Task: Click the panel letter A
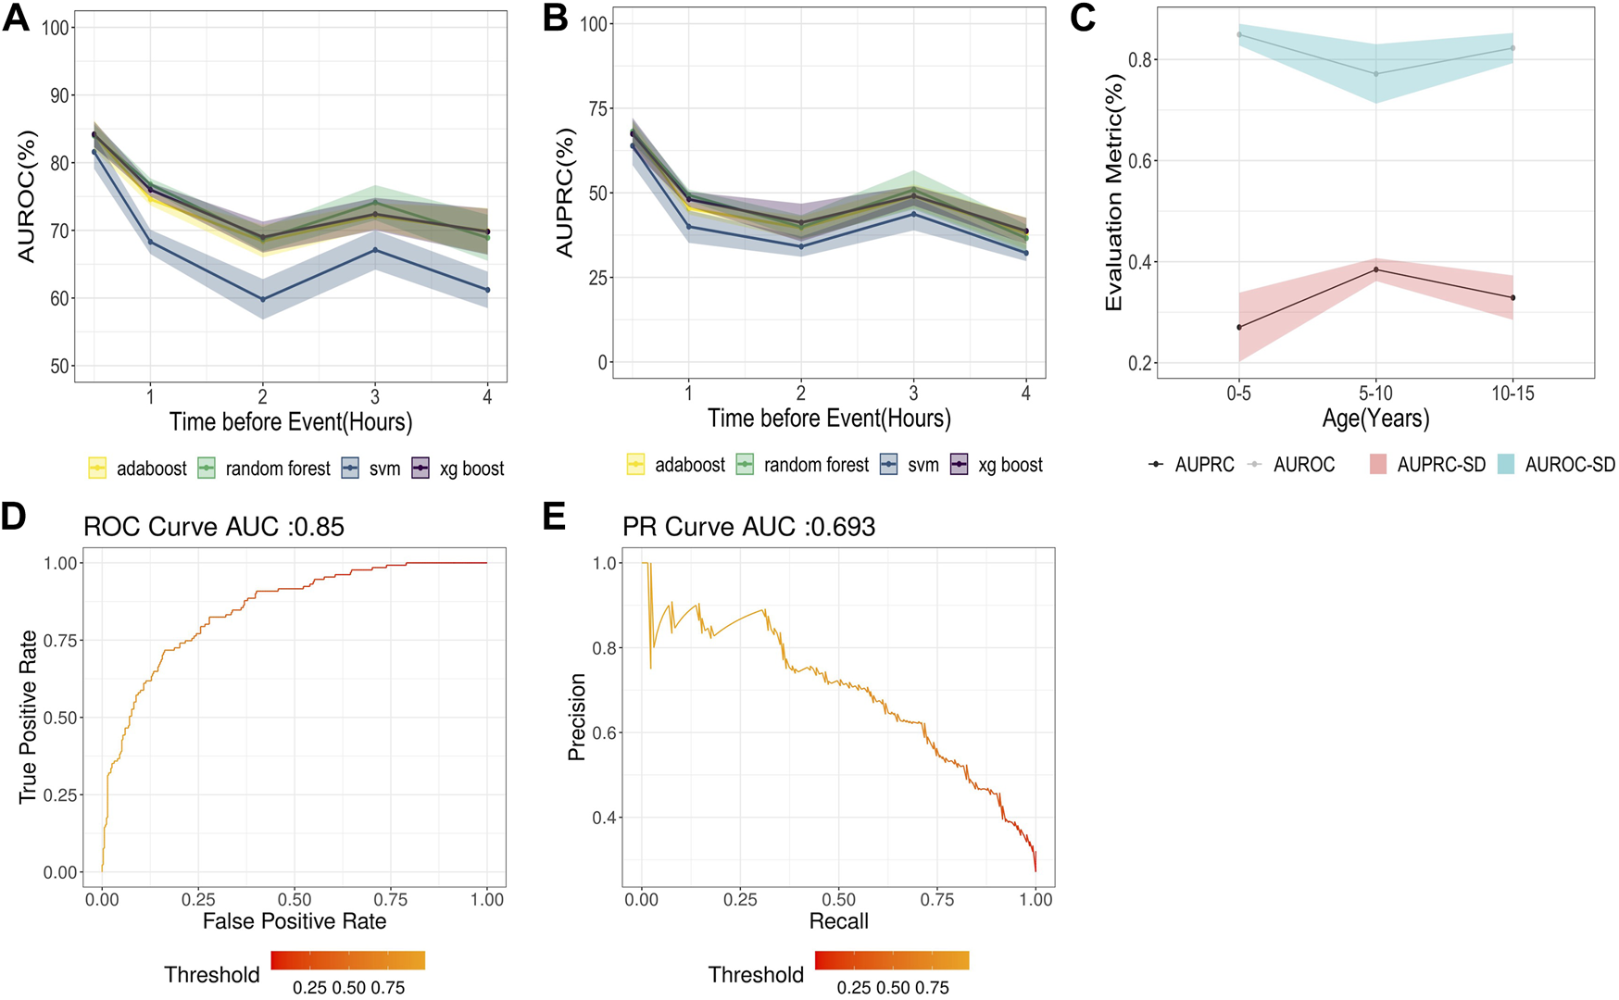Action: [16, 18]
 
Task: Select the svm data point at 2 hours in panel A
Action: [263, 299]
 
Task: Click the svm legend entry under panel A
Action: [371, 469]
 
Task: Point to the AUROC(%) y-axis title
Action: [26, 196]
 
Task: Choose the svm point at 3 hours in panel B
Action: [913, 214]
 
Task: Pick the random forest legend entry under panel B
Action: [802, 465]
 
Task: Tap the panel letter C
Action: [1082, 18]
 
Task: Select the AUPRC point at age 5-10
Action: [1375, 269]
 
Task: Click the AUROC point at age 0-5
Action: [1239, 35]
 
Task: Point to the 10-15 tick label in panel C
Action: [1512, 394]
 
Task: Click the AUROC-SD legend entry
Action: [1556, 465]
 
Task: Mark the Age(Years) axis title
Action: [1375, 419]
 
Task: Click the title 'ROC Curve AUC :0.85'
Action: [214, 527]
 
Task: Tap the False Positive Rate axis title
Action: [295, 920]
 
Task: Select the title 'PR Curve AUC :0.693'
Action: [748, 527]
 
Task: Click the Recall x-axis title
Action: [838, 920]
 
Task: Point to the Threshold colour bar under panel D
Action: [348, 960]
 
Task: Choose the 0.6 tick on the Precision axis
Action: [605, 733]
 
